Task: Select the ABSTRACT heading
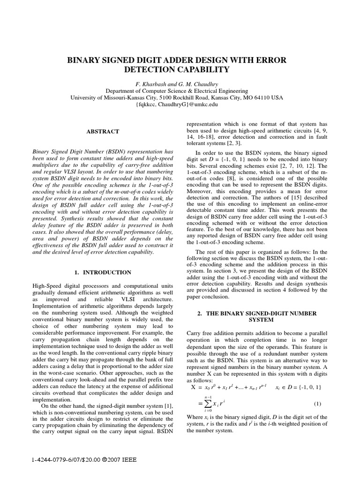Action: pyautogui.click(x=102, y=132)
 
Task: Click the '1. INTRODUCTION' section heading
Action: pyautogui.click(x=103, y=272)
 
